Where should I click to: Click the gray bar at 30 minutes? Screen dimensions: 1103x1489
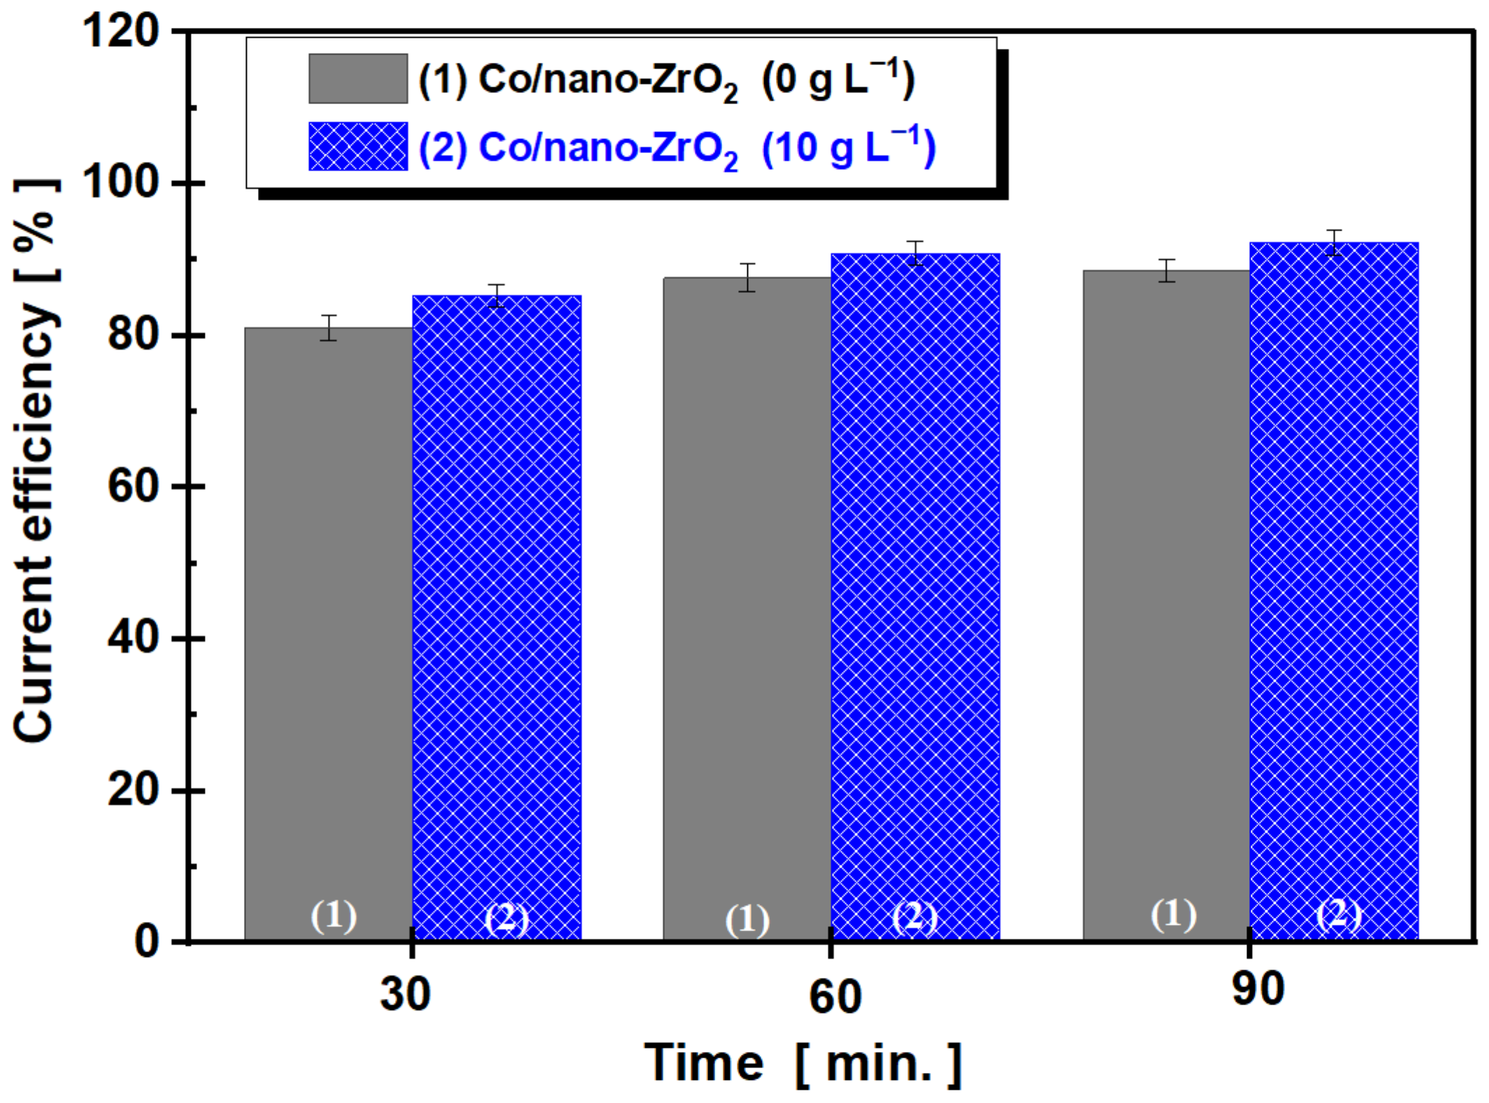tap(329, 629)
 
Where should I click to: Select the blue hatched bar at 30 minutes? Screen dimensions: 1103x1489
tap(496, 615)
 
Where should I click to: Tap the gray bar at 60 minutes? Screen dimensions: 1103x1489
tap(747, 608)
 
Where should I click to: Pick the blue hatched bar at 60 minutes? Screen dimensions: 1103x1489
tap(915, 594)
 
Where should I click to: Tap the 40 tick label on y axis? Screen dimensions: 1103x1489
tap(133, 638)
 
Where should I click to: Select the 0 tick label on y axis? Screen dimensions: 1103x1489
tap(147, 942)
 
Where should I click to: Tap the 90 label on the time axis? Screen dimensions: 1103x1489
tap(1258, 989)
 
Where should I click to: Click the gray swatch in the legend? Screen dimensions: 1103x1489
tap(358, 78)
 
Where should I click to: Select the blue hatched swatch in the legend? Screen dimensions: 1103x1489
tap(358, 146)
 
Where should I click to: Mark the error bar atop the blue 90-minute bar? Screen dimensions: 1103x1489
tap(1335, 242)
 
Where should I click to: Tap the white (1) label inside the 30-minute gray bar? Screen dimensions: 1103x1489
tap(333, 916)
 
